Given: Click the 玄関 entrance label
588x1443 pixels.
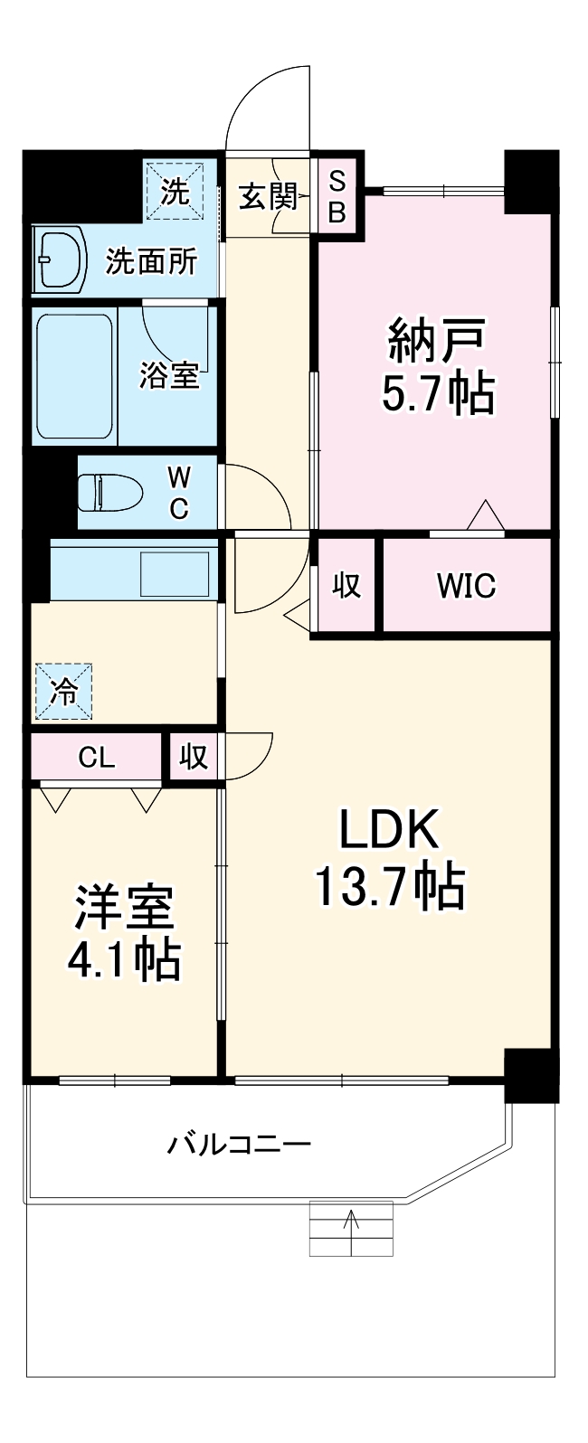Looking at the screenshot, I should (268, 196).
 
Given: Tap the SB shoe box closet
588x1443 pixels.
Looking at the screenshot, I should (337, 196).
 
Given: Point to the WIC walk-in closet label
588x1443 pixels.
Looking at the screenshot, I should (466, 586).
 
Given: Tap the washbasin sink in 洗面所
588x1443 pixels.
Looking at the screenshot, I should (58, 259).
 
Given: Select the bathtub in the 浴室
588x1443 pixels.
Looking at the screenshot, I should (74, 375).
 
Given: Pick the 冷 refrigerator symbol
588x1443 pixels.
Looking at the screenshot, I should (64, 692).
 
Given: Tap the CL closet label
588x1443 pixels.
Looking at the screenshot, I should (96, 758).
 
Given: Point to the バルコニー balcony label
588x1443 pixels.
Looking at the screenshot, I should (240, 1146).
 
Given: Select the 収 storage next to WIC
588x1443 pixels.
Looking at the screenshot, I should (346, 586).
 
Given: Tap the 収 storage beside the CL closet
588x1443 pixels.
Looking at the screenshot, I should (192, 758).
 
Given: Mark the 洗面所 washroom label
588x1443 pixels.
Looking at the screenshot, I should (151, 261).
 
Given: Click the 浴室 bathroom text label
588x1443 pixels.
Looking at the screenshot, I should (169, 375).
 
